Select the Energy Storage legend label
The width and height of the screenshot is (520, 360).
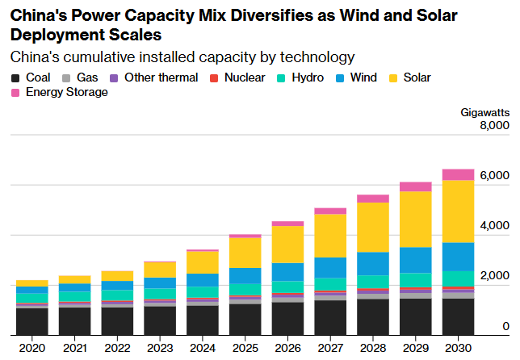[66, 92]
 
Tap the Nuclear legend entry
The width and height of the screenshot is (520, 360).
[242, 77]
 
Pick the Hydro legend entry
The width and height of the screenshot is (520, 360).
[300, 77]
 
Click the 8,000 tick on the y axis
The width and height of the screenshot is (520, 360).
[494, 126]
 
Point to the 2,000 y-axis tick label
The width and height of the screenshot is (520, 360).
[494, 276]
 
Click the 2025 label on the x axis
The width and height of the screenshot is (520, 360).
[245, 346]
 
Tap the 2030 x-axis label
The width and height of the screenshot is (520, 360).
[458, 346]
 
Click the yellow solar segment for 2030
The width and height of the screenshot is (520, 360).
[458, 211]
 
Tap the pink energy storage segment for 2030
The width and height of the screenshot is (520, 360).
[458, 174]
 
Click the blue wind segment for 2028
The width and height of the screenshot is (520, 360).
[373, 263]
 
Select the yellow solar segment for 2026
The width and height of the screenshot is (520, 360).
[287, 244]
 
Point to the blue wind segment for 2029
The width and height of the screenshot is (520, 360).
[416, 260]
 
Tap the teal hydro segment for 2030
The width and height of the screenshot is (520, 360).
[458, 278]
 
